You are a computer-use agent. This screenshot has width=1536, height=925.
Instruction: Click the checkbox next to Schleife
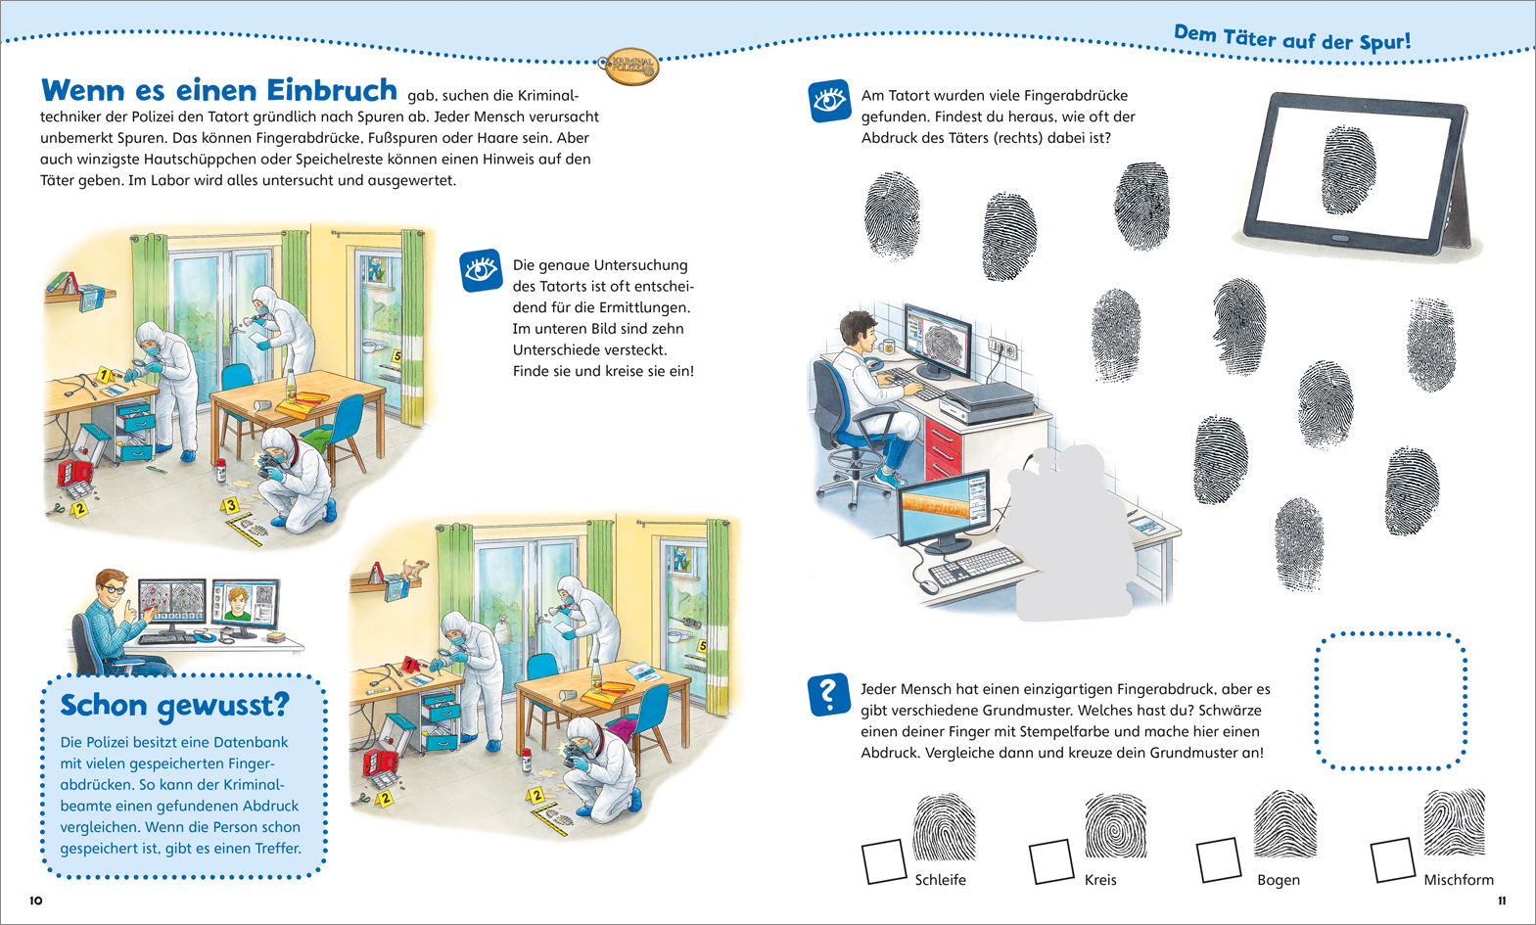tap(883, 861)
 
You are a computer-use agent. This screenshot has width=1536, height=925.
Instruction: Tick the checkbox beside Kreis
tap(1051, 861)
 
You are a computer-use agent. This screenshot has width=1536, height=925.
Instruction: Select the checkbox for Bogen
tap(1219, 858)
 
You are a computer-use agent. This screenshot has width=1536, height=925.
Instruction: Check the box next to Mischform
tap(1392, 859)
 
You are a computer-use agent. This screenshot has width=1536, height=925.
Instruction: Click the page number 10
tap(36, 901)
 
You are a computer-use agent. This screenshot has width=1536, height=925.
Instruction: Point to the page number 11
tap(1502, 901)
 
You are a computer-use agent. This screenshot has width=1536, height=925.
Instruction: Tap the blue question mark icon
tap(828, 694)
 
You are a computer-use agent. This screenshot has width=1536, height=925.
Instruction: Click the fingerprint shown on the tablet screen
tap(1348, 169)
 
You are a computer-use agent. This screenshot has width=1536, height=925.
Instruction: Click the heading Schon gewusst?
tap(175, 705)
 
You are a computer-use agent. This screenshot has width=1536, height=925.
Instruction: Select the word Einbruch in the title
tap(332, 90)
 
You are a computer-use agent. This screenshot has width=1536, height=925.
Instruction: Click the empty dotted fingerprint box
tap(1390, 700)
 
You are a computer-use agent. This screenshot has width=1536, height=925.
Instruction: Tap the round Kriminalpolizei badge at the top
tap(629, 67)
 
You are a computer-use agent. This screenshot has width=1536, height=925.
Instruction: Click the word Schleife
tap(940, 880)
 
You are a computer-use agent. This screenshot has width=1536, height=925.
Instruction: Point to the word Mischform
tap(1458, 880)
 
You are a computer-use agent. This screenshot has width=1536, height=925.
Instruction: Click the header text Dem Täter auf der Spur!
tap(1292, 39)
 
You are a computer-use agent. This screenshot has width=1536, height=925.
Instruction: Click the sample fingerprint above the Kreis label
tap(1115, 826)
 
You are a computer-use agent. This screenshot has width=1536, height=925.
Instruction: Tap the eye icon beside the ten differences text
tap(481, 270)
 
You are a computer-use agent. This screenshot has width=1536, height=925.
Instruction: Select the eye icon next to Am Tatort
tap(829, 101)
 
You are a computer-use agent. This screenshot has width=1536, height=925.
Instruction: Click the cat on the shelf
tap(416, 568)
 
